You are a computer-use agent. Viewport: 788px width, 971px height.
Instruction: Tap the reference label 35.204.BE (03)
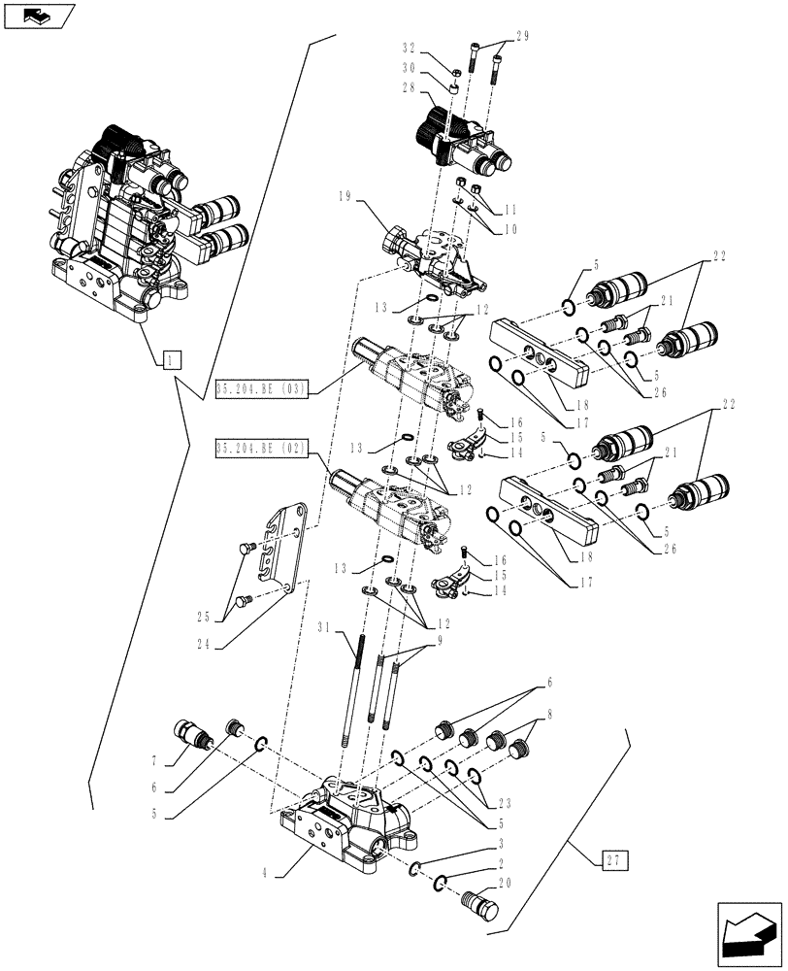261,390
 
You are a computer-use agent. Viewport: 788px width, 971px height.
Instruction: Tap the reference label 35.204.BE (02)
261,448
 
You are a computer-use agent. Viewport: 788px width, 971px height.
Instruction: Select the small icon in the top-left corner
38,16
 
